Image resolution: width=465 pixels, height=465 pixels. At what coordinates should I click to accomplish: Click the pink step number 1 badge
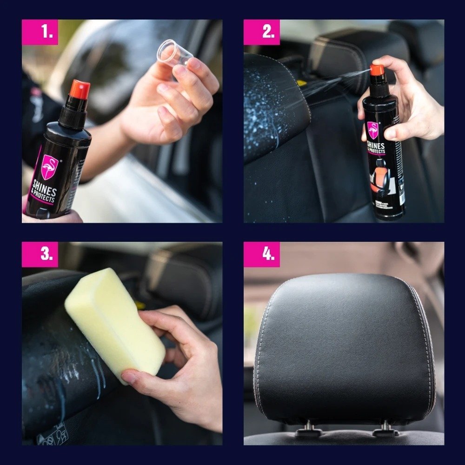click(x=40, y=32)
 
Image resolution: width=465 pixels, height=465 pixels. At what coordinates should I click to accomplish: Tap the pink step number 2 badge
click(x=262, y=32)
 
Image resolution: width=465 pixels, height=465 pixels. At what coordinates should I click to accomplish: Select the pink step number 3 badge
click(x=40, y=254)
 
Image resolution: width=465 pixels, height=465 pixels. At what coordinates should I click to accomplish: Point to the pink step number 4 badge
click(x=262, y=254)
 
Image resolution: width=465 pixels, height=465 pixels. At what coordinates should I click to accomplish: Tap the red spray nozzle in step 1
click(x=80, y=89)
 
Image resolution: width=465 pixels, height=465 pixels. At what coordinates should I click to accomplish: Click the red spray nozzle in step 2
click(x=377, y=70)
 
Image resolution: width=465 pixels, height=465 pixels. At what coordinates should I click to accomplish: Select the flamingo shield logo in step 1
click(x=49, y=166)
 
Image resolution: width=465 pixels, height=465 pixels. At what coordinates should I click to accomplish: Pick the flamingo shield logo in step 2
click(x=373, y=130)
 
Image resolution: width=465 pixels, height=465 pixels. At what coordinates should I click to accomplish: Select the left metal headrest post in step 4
click(x=308, y=427)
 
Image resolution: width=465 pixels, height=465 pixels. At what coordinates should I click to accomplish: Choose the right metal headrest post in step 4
click(x=385, y=427)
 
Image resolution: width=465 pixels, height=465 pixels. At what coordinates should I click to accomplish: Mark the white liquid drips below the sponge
click(x=93, y=372)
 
